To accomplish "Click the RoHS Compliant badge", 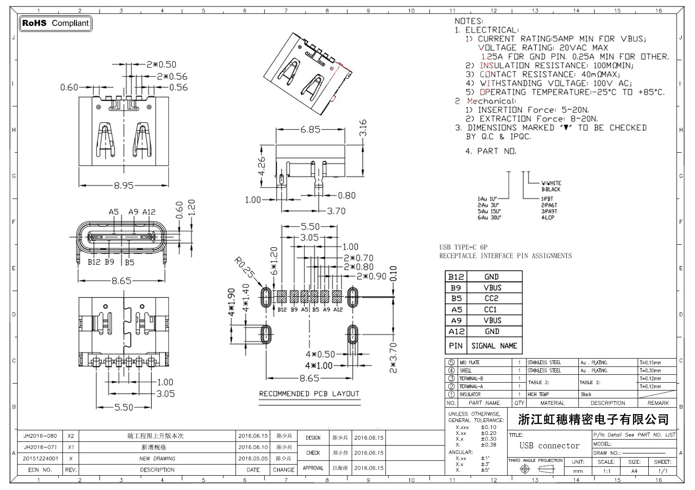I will [x=56, y=23].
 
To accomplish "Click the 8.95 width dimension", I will [x=124, y=186].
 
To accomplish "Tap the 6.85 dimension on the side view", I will [x=310, y=130].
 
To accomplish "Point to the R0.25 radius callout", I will [x=244, y=269].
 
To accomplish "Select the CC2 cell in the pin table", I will [x=491, y=298].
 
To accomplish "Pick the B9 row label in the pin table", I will [x=456, y=287].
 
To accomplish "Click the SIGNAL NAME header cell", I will [x=494, y=346].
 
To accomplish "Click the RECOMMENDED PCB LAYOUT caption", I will [x=309, y=394].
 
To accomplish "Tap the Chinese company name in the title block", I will [x=594, y=420].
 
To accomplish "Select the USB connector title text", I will [x=549, y=446].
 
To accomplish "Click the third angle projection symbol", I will [x=536, y=469].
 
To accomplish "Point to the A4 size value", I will [x=634, y=471].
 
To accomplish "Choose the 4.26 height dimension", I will [x=262, y=166].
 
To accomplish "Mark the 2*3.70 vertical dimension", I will [x=393, y=358].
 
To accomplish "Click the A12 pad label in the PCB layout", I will [x=338, y=310].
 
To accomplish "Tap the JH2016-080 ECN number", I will [x=40, y=436].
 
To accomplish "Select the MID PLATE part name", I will [x=470, y=363].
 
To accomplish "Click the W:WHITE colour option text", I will [x=551, y=183].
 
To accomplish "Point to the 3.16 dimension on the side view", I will [x=363, y=128].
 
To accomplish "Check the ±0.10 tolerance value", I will [x=488, y=427].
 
